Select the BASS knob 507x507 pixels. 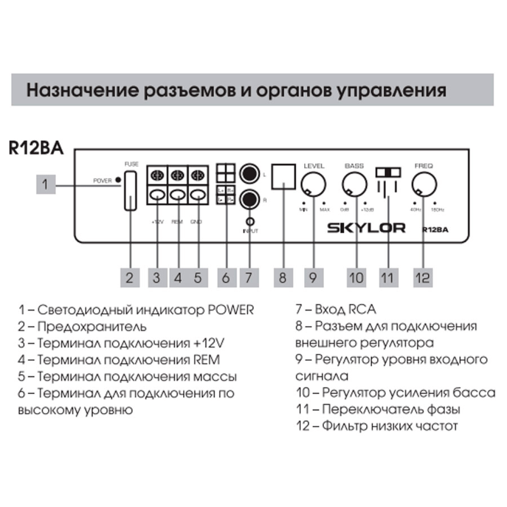coord(353,184)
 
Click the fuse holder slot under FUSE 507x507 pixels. coord(131,191)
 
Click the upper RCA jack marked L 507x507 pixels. coord(249,174)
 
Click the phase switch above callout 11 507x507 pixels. coord(389,172)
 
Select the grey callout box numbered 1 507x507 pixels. coord(46,184)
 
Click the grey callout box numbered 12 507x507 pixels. coord(422,277)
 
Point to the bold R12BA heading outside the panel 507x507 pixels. coord(36,147)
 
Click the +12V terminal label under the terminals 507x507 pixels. coord(157,222)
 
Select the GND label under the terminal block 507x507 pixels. coord(196,222)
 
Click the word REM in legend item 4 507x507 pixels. coord(207,360)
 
